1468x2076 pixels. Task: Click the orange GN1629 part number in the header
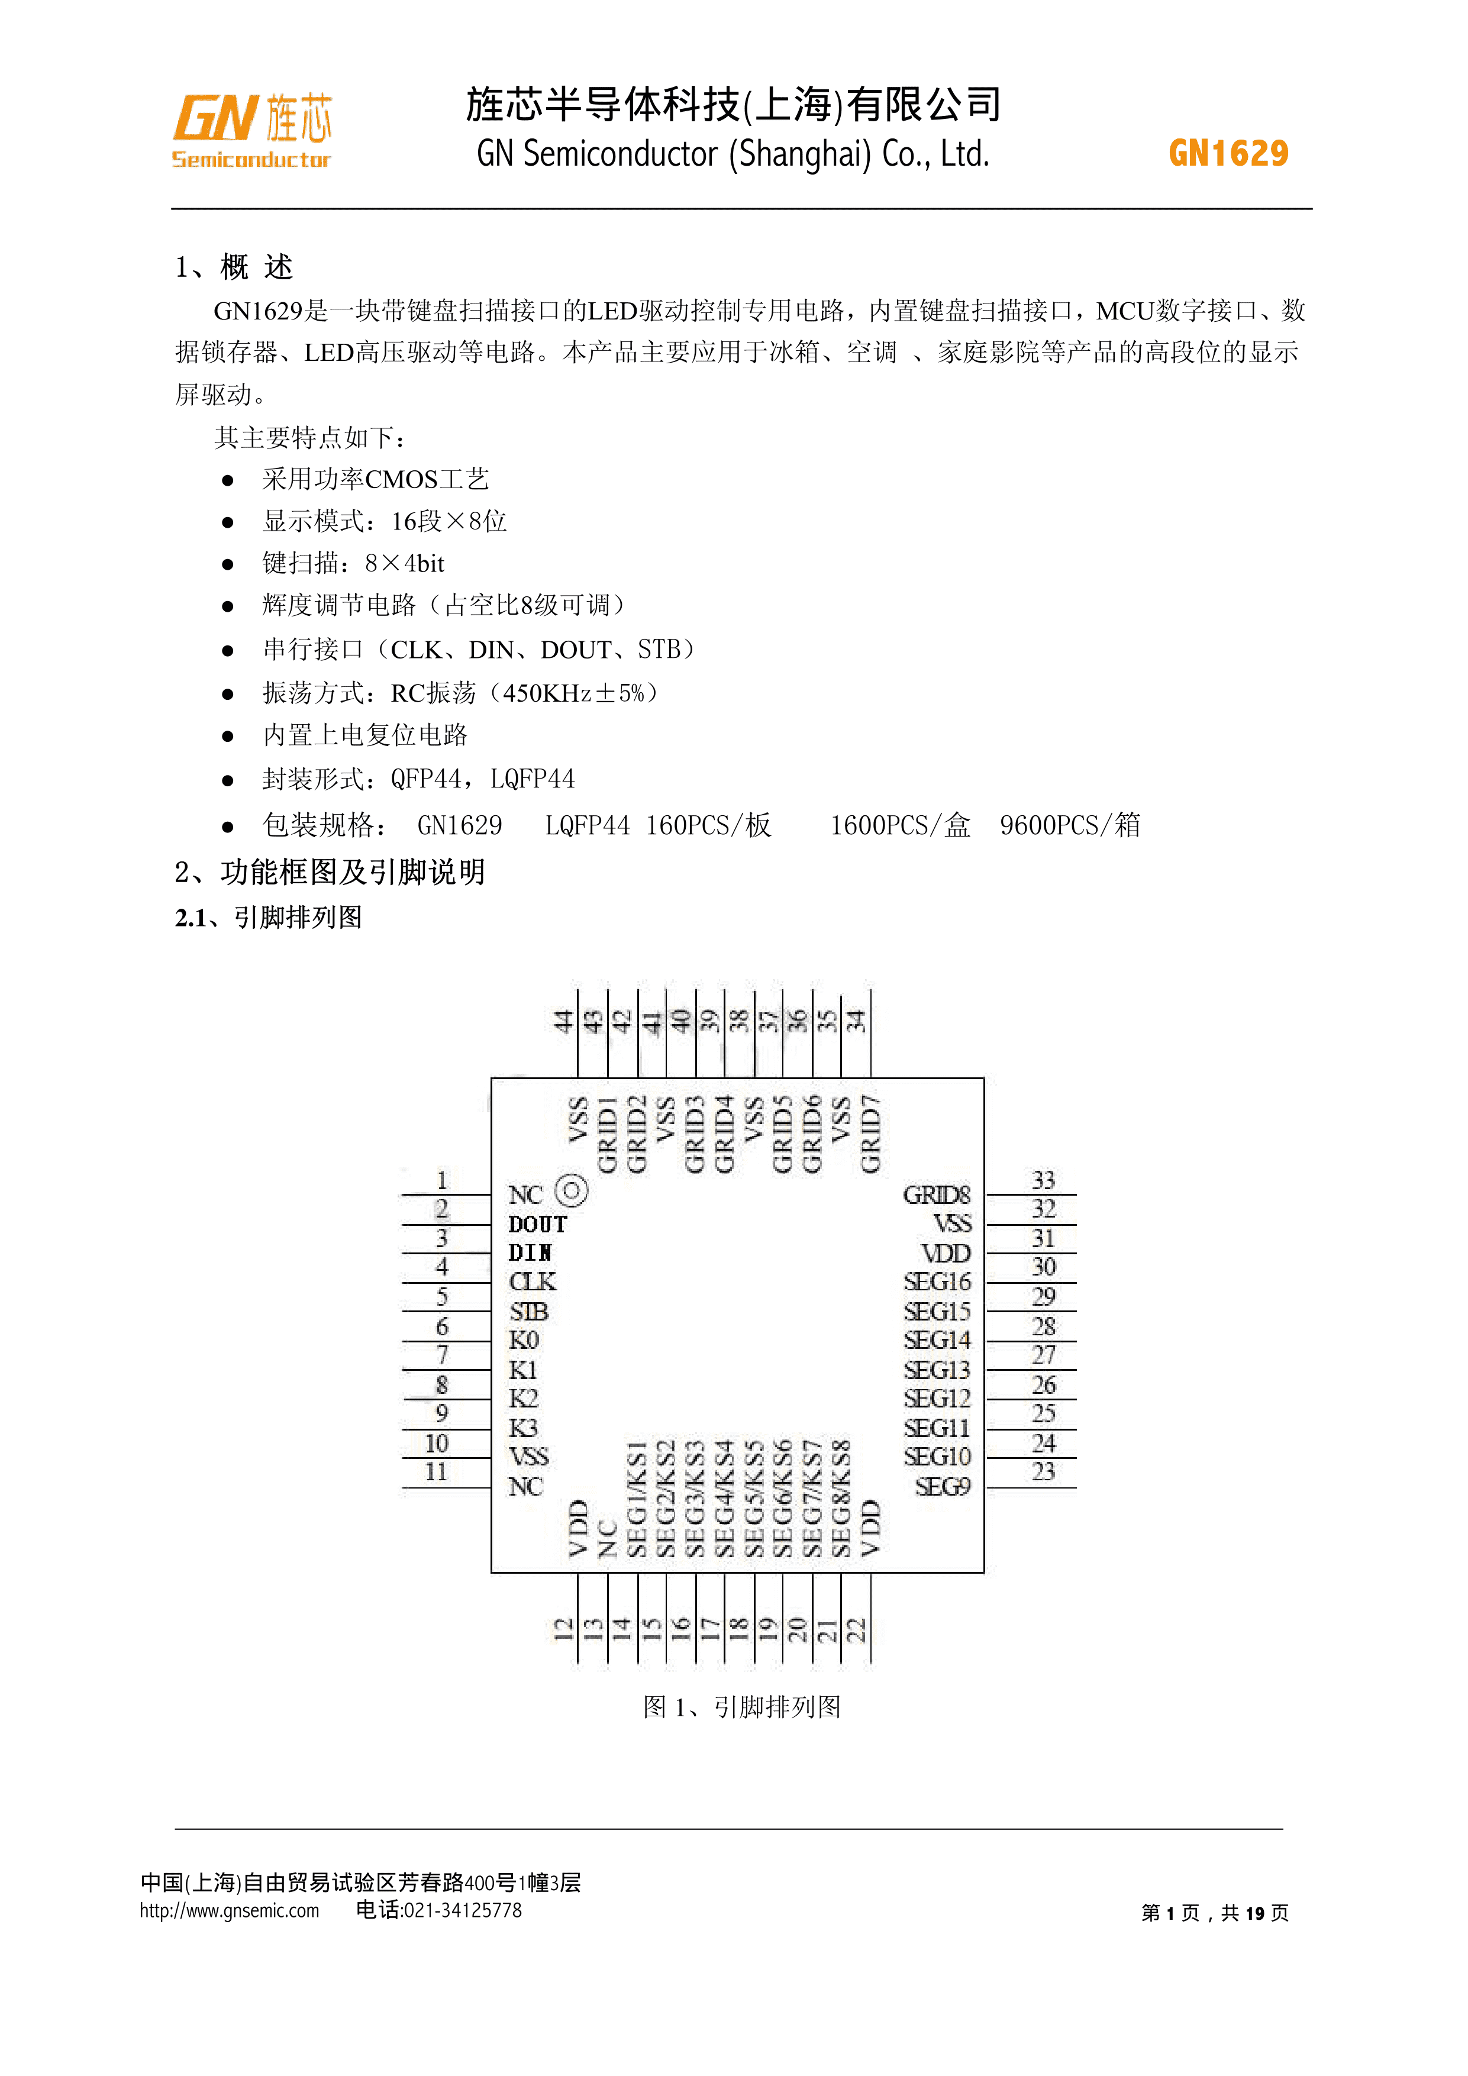coord(1228,154)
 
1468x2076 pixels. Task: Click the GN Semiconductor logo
coord(252,130)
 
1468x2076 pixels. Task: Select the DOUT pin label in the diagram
coord(537,1224)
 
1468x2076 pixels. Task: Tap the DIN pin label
coord(530,1253)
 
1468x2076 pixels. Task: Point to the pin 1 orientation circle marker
coord(571,1191)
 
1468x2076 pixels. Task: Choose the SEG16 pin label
coord(937,1282)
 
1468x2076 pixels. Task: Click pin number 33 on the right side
coord(1043,1180)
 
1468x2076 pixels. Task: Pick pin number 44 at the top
coord(563,1022)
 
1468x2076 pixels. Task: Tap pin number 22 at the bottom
coord(856,1629)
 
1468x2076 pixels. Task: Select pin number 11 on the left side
coord(436,1472)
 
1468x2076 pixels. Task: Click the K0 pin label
coord(524,1340)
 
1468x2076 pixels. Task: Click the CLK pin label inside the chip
coord(533,1282)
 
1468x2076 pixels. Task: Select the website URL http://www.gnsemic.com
coord(229,1910)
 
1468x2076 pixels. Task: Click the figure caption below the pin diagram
coord(741,1706)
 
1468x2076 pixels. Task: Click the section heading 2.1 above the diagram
coord(269,918)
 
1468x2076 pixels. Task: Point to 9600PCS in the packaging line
coord(1047,825)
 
